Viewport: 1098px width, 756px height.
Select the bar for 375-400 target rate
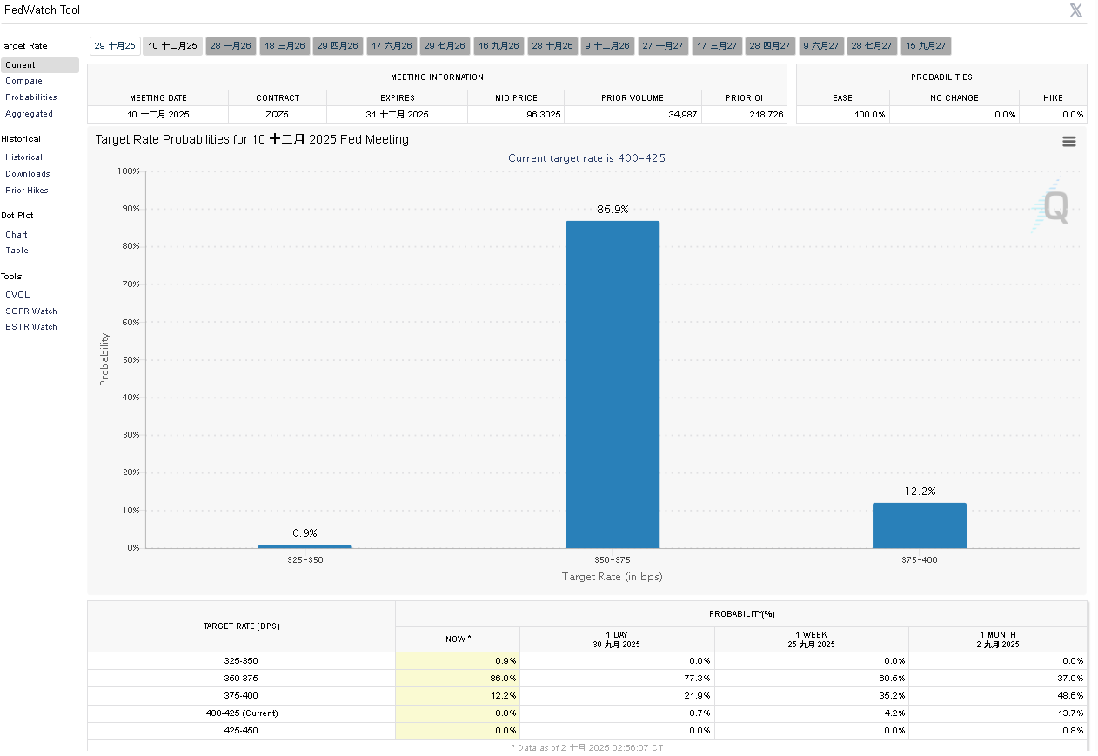pos(919,525)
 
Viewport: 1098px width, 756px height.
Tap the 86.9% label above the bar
pos(613,210)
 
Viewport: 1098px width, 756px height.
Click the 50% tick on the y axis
pos(129,359)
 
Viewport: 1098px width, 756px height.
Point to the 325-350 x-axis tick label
pos(305,560)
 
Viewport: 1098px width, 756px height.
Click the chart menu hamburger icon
pos(1069,142)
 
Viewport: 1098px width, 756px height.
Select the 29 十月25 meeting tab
pos(115,46)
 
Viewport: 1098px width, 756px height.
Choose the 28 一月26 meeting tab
pos(231,46)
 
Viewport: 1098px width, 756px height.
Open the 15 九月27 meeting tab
pos(926,46)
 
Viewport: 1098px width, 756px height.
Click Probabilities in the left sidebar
pos(31,97)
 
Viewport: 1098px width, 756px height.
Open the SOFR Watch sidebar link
pos(31,311)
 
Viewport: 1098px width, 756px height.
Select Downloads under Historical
pos(28,174)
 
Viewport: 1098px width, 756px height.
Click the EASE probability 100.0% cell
pos(870,115)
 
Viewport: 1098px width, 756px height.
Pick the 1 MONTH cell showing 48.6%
pos(1071,696)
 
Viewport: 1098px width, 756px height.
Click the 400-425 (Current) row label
pos(241,713)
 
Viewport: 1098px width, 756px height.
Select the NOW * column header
pos(458,639)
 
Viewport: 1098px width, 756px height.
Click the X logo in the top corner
pos(1076,10)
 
